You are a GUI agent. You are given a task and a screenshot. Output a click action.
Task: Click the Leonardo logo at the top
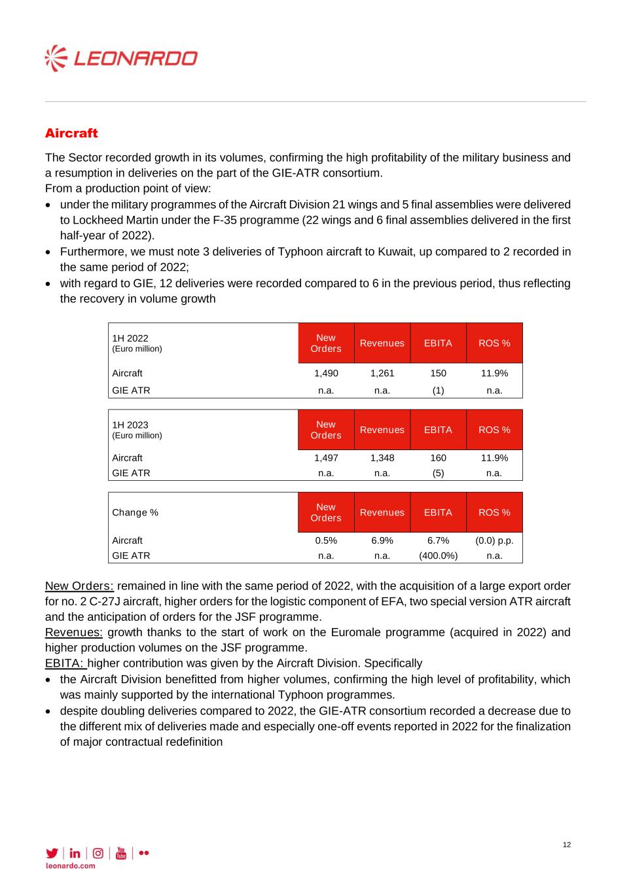point(121,59)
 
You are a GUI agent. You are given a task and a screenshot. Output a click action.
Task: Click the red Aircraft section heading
point(71,133)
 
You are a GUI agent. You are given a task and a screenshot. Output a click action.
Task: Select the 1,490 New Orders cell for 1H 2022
point(326,374)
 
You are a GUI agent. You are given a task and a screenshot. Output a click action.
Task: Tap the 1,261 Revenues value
point(382,374)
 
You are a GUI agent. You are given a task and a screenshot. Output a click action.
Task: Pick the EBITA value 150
point(438,374)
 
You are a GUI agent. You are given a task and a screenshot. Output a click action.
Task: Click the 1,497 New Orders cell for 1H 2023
point(326,458)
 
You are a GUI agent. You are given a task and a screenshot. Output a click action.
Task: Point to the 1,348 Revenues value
point(382,458)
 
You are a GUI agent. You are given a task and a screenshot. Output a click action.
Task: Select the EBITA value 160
point(438,458)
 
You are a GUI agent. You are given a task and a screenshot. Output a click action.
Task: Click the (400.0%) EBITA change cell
point(438,555)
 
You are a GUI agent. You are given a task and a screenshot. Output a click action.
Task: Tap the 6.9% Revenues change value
point(382,540)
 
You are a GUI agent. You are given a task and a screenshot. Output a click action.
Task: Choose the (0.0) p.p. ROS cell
point(494,540)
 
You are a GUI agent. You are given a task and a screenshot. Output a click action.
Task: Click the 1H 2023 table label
point(130,425)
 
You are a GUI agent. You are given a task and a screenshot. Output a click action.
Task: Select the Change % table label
point(135,512)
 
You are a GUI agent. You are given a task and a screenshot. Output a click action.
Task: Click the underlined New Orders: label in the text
point(79,586)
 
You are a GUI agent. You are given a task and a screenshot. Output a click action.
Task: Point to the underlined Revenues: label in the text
point(74,633)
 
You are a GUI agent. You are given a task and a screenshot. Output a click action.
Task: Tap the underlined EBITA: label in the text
point(65,663)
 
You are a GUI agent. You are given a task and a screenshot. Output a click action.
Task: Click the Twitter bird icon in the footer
point(52,853)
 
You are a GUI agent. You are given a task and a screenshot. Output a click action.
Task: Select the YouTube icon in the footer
point(120,853)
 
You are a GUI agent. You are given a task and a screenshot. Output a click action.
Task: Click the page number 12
point(567,845)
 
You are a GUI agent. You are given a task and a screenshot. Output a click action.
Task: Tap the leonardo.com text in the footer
point(70,866)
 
